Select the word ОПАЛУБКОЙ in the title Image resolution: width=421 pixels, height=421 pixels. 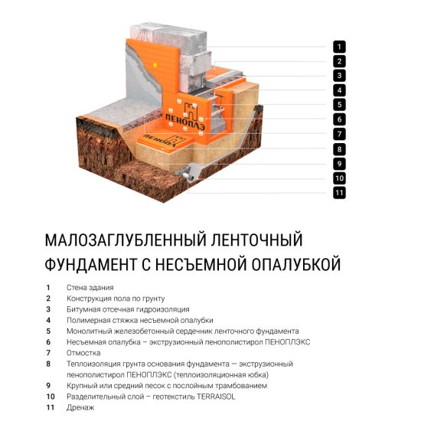tap(295, 265)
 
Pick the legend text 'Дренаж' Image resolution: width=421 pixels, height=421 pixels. tap(80, 408)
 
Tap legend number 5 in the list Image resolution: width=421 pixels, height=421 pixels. tap(48, 331)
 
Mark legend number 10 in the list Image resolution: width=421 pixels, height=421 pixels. tap(51, 397)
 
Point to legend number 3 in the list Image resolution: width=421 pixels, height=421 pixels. tap(48, 309)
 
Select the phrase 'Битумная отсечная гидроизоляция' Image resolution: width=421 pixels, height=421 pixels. tap(117, 309)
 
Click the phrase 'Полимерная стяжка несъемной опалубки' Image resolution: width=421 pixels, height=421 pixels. tap(129, 320)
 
